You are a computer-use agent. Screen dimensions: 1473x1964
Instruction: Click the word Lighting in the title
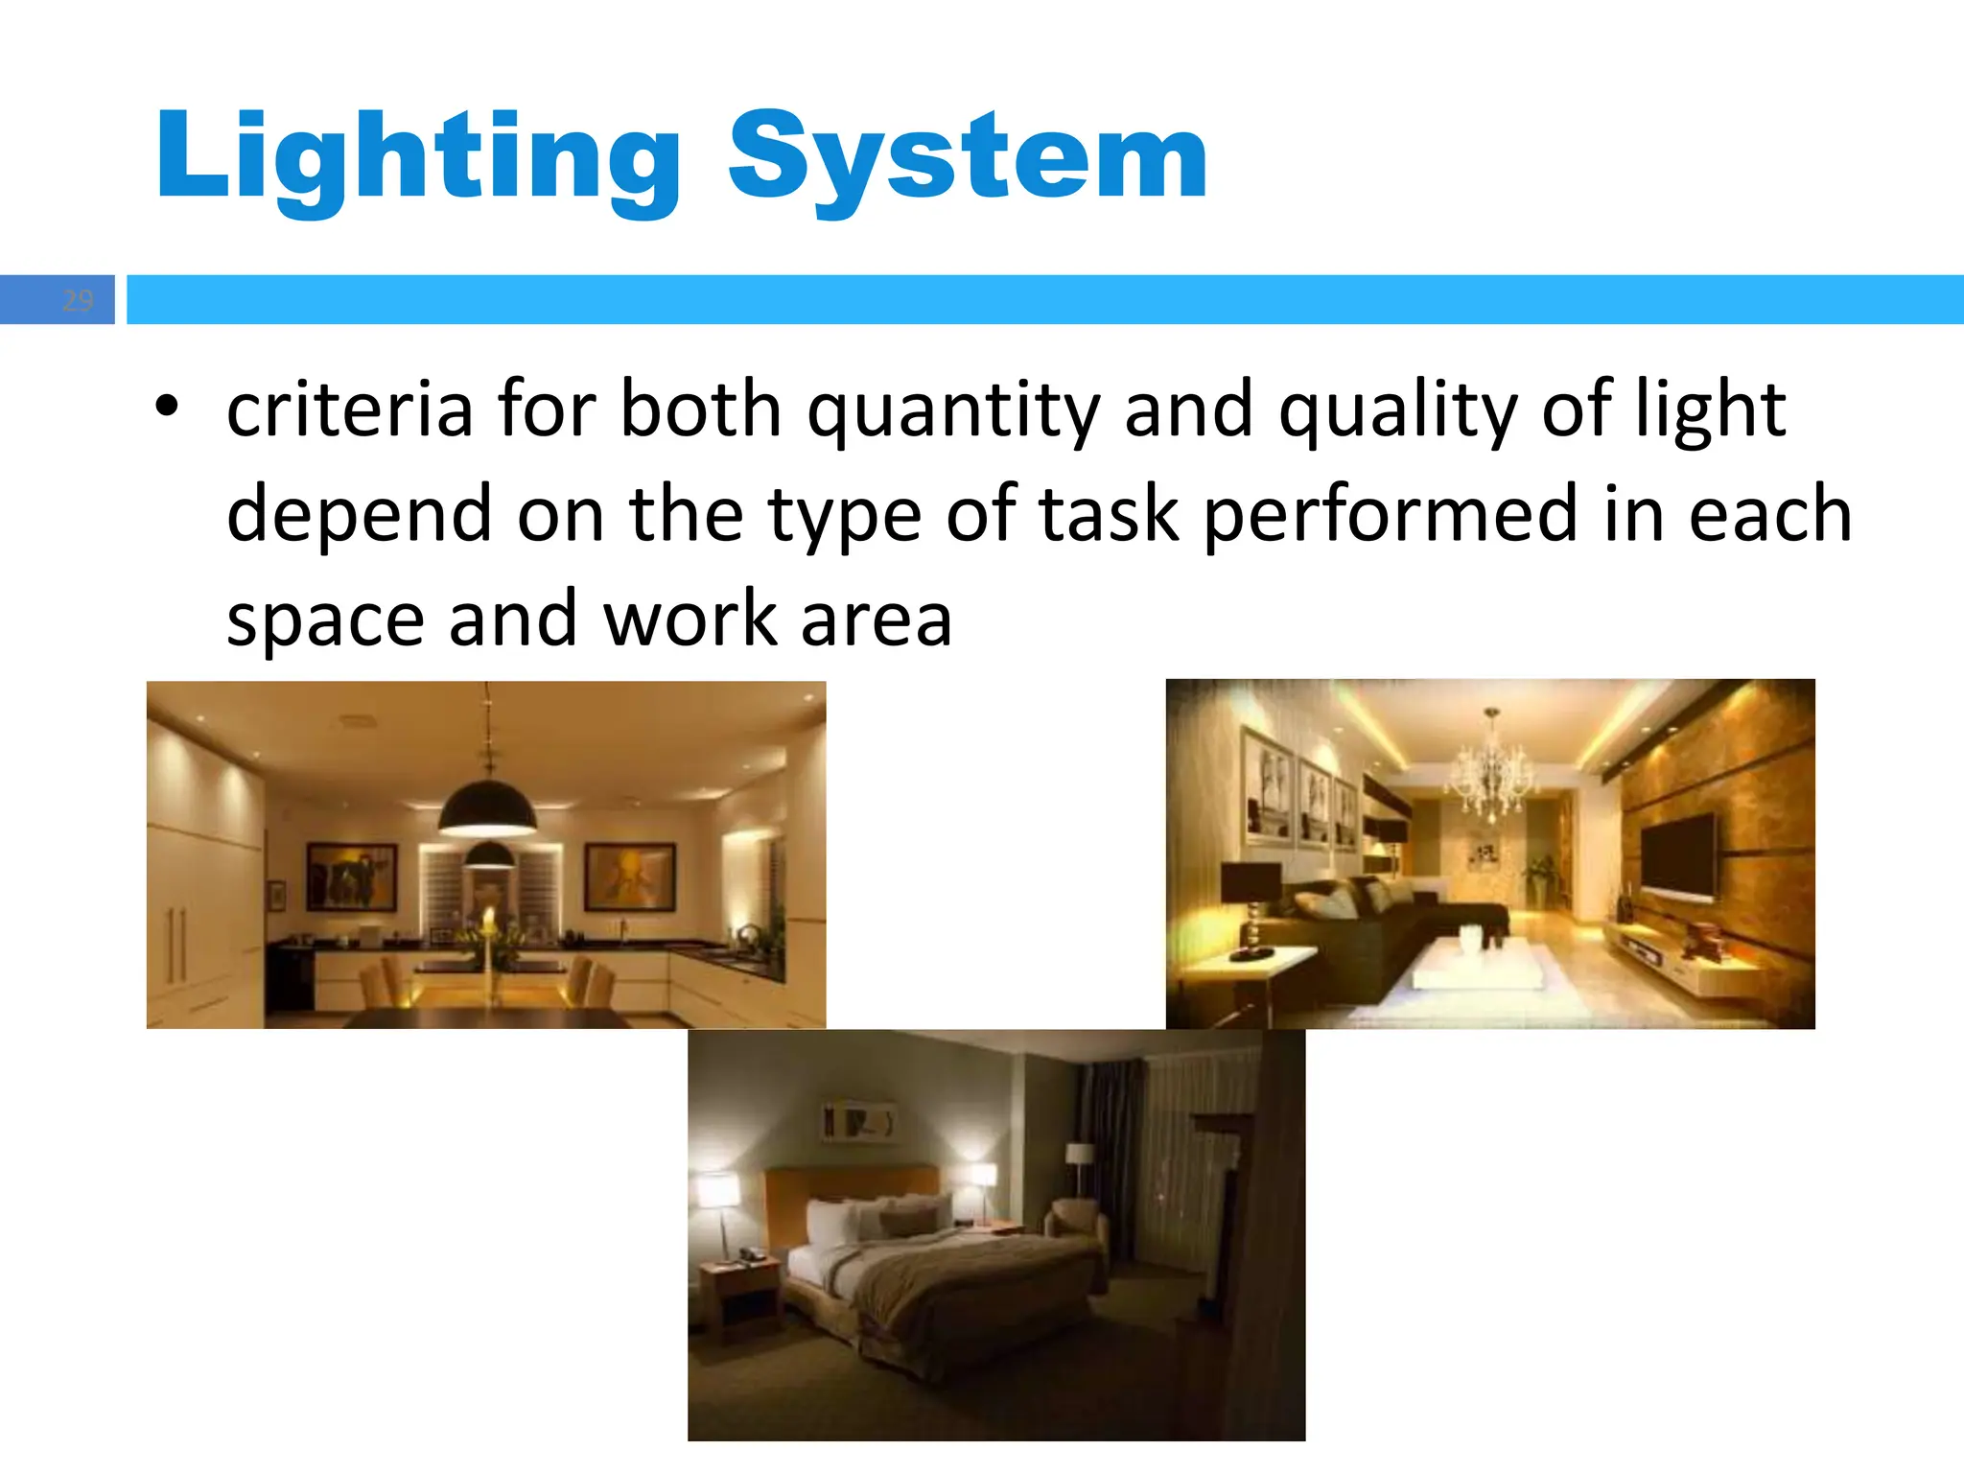418,158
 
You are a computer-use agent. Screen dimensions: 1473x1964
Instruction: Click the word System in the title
968,158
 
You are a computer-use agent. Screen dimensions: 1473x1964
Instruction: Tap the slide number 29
78,300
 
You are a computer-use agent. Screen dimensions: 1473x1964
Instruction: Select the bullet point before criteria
167,407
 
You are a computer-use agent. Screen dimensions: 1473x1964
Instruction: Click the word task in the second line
1109,515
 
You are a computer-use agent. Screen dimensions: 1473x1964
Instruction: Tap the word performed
1391,515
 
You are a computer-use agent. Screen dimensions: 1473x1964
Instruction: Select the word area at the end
876,620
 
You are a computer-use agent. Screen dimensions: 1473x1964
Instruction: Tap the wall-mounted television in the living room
1678,856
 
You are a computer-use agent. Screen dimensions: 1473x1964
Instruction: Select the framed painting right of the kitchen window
630,876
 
